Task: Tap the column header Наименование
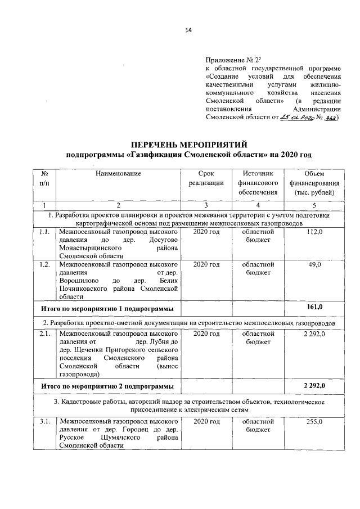pyautogui.click(x=118, y=174)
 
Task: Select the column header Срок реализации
pyautogui.click(x=206, y=178)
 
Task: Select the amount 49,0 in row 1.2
pyautogui.click(x=314, y=264)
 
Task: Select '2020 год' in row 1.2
pyautogui.click(x=206, y=264)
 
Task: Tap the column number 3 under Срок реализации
pyautogui.click(x=206, y=205)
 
